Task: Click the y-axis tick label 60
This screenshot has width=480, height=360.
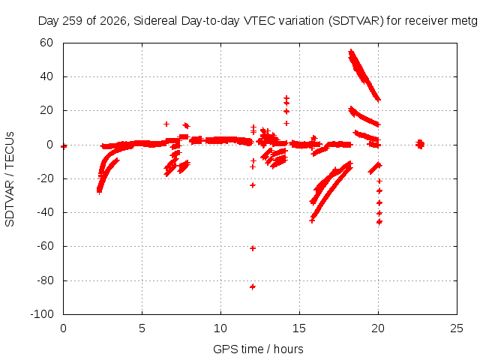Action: (46, 43)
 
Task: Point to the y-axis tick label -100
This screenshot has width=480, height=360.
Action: (42, 314)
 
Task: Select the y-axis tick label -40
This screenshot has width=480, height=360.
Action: (45, 212)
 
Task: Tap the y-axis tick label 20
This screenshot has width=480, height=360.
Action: (46, 110)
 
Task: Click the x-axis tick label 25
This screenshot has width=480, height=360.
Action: (457, 328)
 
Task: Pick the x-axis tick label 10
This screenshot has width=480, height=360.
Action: (220, 328)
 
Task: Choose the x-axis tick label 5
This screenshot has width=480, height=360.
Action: (142, 328)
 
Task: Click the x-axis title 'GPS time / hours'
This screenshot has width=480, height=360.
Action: (258, 349)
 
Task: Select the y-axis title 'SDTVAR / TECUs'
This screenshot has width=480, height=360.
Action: (10, 179)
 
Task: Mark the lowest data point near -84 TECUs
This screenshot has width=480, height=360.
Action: (253, 286)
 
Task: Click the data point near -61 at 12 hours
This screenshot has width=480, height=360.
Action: (253, 248)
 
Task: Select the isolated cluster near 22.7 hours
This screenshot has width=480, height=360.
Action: (420, 144)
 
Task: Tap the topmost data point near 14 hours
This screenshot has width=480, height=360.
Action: (286, 98)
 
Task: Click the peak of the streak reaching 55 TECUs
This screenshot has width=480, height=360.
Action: (351, 52)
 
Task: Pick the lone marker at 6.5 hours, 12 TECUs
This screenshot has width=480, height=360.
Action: (166, 124)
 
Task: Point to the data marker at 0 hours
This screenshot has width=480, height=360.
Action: (64, 146)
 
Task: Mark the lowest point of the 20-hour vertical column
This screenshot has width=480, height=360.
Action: (379, 222)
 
